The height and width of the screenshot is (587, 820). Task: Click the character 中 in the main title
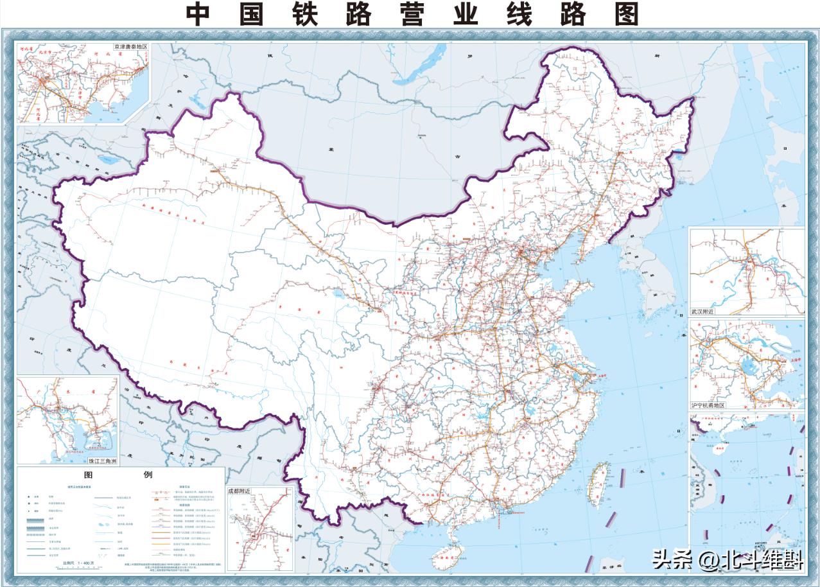pyautogui.click(x=199, y=14)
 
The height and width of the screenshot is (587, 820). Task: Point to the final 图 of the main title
pyautogui.click(x=626, y=14)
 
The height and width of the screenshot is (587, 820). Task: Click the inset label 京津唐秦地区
pyautogui.click(x=130, y=47)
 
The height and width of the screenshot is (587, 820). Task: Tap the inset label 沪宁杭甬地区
pyautogui.click(x=708, y=405)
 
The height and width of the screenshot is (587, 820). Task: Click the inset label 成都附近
pyautogui.click(x=239, y=491)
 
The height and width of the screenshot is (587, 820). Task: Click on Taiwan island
pyautogui.click(x=602, y=478)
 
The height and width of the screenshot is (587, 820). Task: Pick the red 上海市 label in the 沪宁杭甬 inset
pyautogui.click(x=789, y=360)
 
